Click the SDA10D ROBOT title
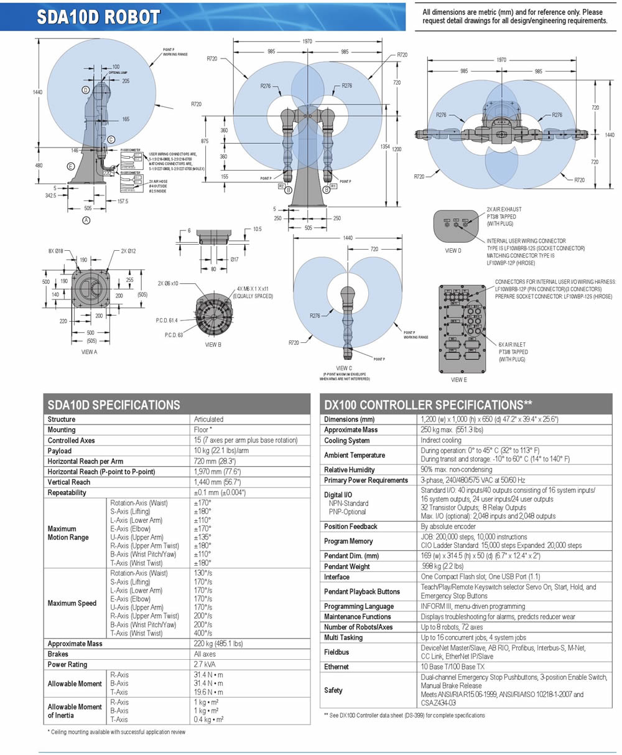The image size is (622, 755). pyautogui.click(x=99, y=17)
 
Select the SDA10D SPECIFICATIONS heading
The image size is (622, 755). pyautogui.click(x=114, y=405)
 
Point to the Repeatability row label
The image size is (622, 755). pyautogui.click(x=70, y=492)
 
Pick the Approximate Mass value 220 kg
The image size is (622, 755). pyautogui.click(x=218, y=644)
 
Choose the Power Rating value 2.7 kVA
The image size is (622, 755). pyautogui.click(x=204, y=665)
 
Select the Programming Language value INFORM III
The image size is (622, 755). pyautogui.click(x=473, y=606)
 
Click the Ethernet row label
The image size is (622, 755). pyautogui.click(x=337, y=667)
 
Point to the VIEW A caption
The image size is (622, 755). pyautogui.click(x=90, y=352)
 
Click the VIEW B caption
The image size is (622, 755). pyautogui.click(x=213, y=344)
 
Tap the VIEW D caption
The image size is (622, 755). pyautogui.click(x=454, y=251)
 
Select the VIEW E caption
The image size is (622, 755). pyautogui.click(x=458, y=379)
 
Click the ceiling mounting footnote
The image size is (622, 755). pyautogui.click(x=116, y=732)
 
